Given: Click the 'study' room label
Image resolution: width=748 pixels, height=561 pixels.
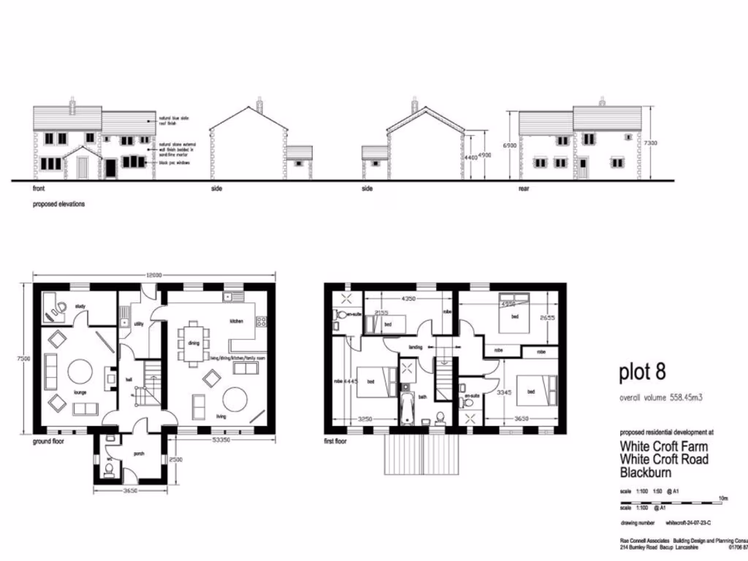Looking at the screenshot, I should (x=80, y=306).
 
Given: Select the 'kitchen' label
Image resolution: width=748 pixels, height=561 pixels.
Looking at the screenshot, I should (x=237, y=321).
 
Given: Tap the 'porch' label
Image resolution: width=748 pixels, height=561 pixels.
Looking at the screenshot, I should (x=139, y=453).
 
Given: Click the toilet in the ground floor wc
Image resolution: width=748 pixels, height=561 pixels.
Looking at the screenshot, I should (x=109, y=471).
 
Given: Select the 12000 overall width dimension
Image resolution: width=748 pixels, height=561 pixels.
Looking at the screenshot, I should (x=154, y=275).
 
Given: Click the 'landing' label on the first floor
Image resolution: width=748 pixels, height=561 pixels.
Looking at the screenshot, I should (x=416, y=347).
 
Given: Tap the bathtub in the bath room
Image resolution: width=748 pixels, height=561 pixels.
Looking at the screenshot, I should (x=407, y=408).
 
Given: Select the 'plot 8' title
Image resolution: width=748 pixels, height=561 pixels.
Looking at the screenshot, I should (x=642, y=372).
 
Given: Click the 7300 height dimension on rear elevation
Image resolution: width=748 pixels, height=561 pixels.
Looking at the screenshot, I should (x=651, y=143).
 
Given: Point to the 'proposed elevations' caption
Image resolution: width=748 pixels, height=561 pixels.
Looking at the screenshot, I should (x=58, y=205).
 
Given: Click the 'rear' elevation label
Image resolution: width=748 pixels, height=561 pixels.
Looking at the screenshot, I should (x=524, y=188).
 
